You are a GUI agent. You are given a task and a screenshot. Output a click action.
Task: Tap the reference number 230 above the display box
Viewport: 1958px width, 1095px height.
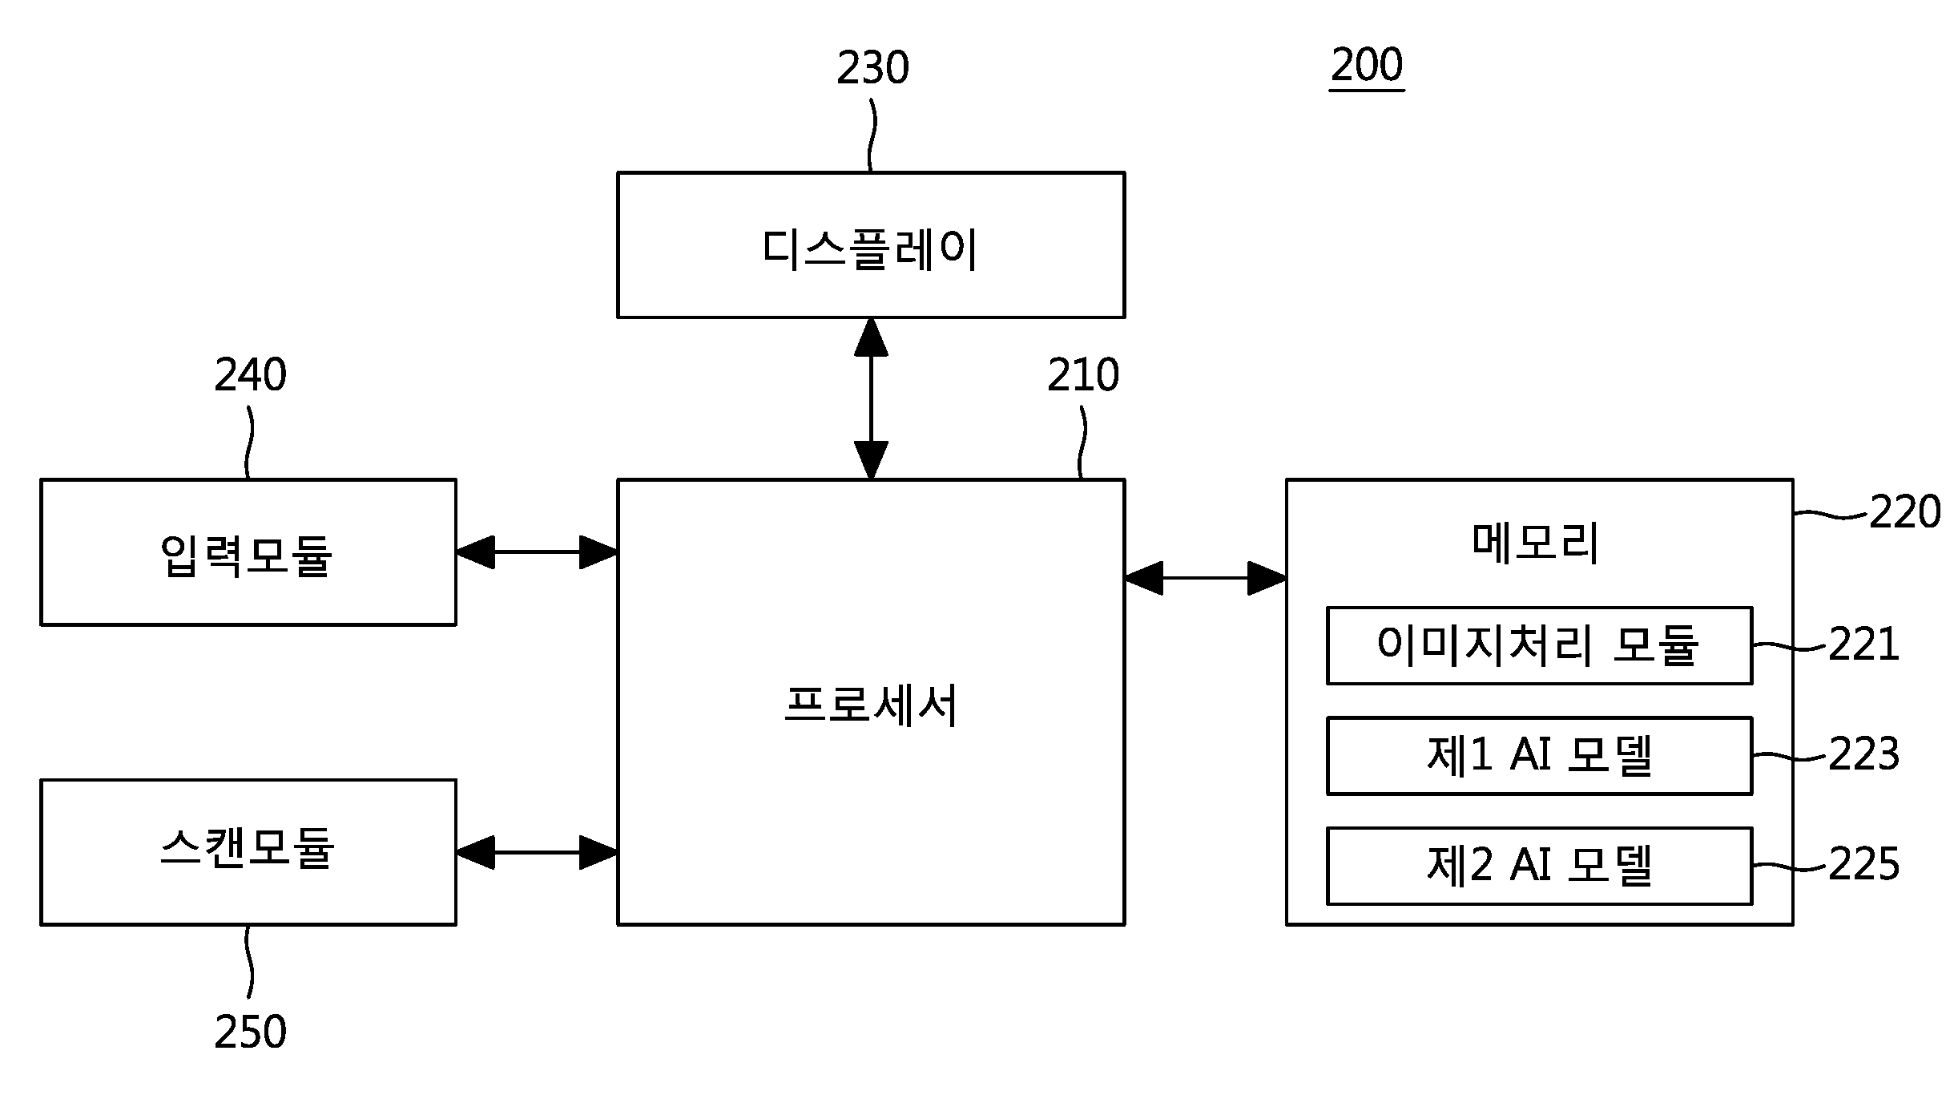point(873,68)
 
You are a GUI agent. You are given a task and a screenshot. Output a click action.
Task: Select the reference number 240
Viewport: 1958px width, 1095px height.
point(250,375)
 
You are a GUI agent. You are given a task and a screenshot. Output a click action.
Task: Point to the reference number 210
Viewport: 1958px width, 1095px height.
point(1083,375)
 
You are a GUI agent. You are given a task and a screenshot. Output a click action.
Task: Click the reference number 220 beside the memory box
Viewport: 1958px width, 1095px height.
point(1905,511)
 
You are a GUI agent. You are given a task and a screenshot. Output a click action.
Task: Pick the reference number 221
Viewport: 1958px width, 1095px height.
point(1863,644)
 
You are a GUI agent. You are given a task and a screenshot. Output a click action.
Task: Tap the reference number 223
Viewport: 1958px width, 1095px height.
point(1863,754)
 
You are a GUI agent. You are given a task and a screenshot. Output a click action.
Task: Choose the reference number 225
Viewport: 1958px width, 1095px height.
point(1863,864)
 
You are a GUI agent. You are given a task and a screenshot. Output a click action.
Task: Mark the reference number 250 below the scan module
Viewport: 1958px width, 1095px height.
point(250,1032)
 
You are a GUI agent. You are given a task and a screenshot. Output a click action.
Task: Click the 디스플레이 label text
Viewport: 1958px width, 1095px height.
point(870,248)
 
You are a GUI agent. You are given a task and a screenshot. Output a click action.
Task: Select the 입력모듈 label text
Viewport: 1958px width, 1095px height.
point(247,555)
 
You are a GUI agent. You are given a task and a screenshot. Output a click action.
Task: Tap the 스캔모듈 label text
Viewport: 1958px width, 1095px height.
point(247,848)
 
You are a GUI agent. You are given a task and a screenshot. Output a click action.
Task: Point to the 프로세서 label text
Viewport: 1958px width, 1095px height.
point(871,705)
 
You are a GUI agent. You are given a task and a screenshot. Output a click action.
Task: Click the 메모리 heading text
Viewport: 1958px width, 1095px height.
point(1536,543)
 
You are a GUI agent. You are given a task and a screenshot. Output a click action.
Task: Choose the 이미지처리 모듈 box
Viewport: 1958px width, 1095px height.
point(1540,645)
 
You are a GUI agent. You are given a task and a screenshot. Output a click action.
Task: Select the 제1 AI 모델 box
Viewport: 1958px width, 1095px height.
point(1540,756)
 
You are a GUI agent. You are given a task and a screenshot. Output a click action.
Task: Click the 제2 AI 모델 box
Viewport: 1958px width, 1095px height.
point(1540,866)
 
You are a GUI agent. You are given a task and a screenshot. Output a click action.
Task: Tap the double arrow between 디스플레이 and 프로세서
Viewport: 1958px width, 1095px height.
point(871,398)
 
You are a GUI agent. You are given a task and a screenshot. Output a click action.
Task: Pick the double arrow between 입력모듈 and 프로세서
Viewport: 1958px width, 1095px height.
point(537,552)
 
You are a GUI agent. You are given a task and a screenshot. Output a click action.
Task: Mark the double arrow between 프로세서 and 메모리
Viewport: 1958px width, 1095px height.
point(1206,577)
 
